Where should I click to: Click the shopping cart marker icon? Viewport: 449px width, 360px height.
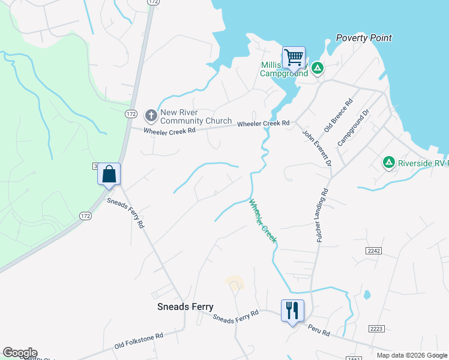point(294,58)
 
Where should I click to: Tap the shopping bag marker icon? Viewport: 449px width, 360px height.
point(109,174)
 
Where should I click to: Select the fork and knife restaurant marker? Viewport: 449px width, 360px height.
point(292,310)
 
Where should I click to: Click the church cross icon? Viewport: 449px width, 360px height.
point(151,115)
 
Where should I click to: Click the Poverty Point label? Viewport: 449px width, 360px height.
point(364,38)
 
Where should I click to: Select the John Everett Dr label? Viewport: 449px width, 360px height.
point(316,148)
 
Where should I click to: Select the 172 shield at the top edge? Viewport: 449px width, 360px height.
point(153,2)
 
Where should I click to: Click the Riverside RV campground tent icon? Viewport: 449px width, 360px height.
point(389,162)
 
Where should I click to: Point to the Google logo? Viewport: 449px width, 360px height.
point(20,353)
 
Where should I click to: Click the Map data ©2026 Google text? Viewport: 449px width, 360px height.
point(412,355)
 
